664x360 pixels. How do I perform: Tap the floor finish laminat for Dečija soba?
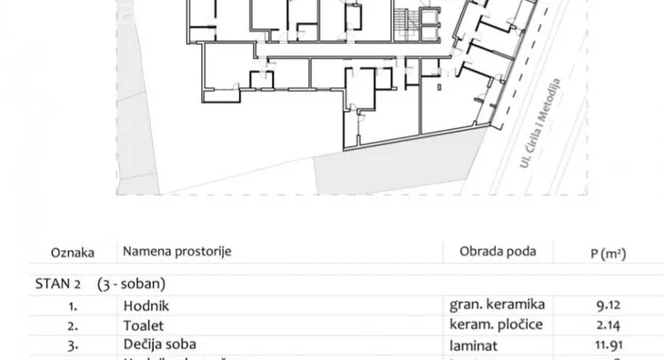pos(473,344)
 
